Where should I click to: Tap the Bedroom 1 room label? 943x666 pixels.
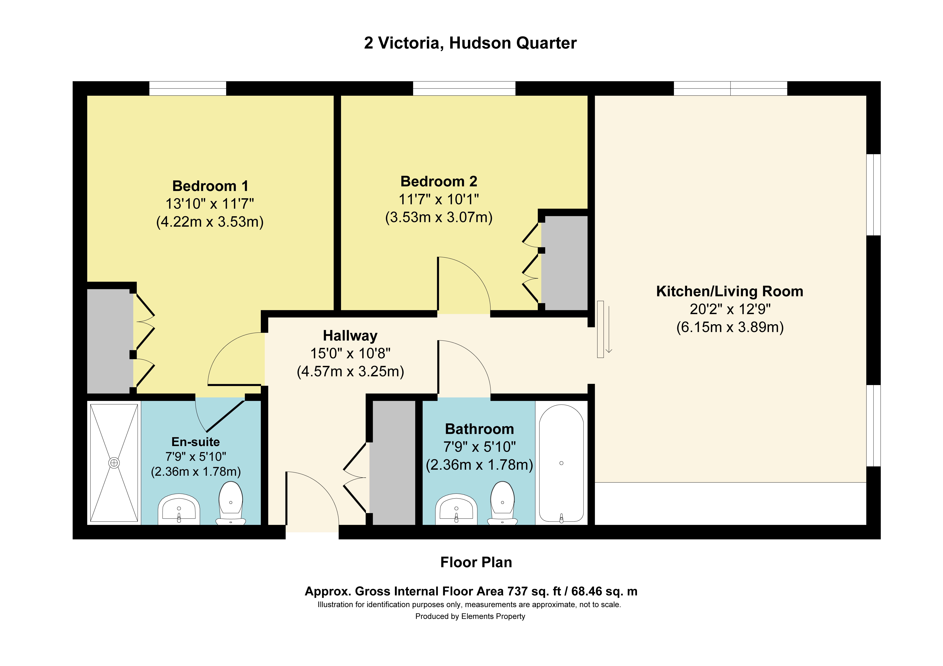(210, 186)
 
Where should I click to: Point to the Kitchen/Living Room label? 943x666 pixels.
(729, 291)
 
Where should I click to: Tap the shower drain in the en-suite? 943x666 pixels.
(114, 463)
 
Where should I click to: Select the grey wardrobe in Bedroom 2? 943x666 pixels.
(564, 263)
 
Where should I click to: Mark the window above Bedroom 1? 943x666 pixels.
(187, 88)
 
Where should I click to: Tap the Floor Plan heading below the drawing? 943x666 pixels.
(476, 562)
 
